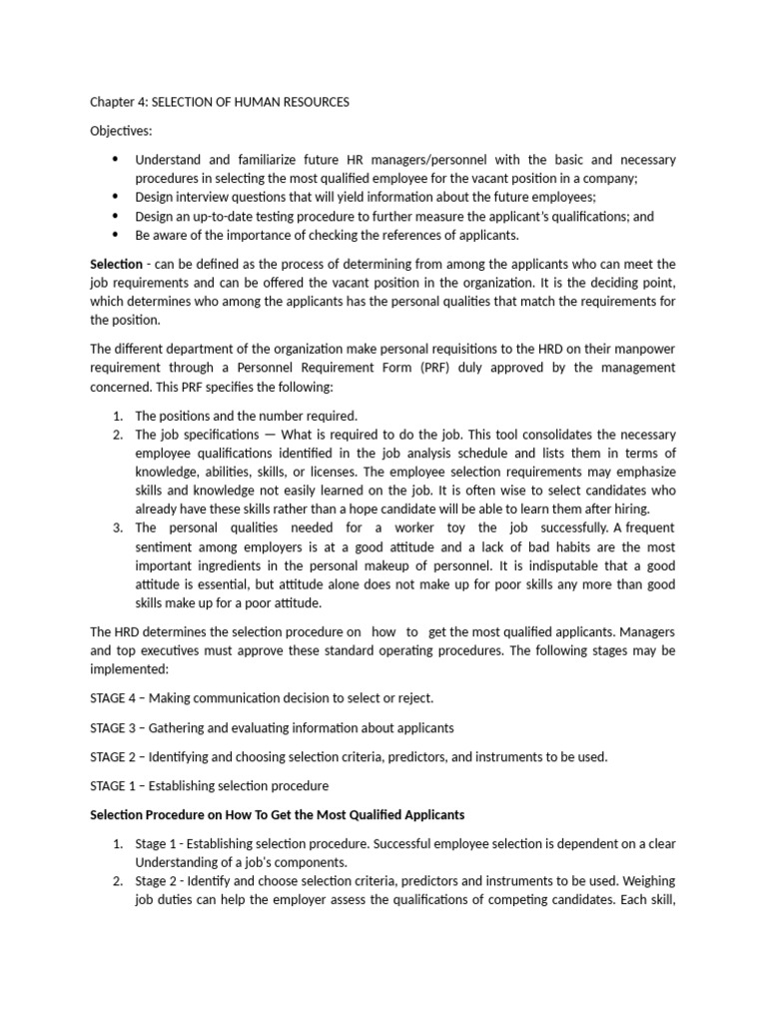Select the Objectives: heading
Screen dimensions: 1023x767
121,131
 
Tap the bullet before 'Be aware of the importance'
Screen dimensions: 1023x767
115,235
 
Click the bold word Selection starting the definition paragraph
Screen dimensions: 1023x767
116,264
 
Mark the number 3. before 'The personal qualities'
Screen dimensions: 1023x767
117,527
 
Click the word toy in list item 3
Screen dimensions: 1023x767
458,527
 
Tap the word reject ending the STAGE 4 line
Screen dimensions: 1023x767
414,697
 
